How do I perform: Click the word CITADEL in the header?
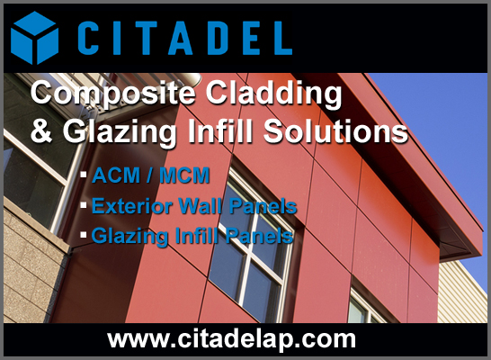point(183,38)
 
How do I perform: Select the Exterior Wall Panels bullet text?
point(193,206)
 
